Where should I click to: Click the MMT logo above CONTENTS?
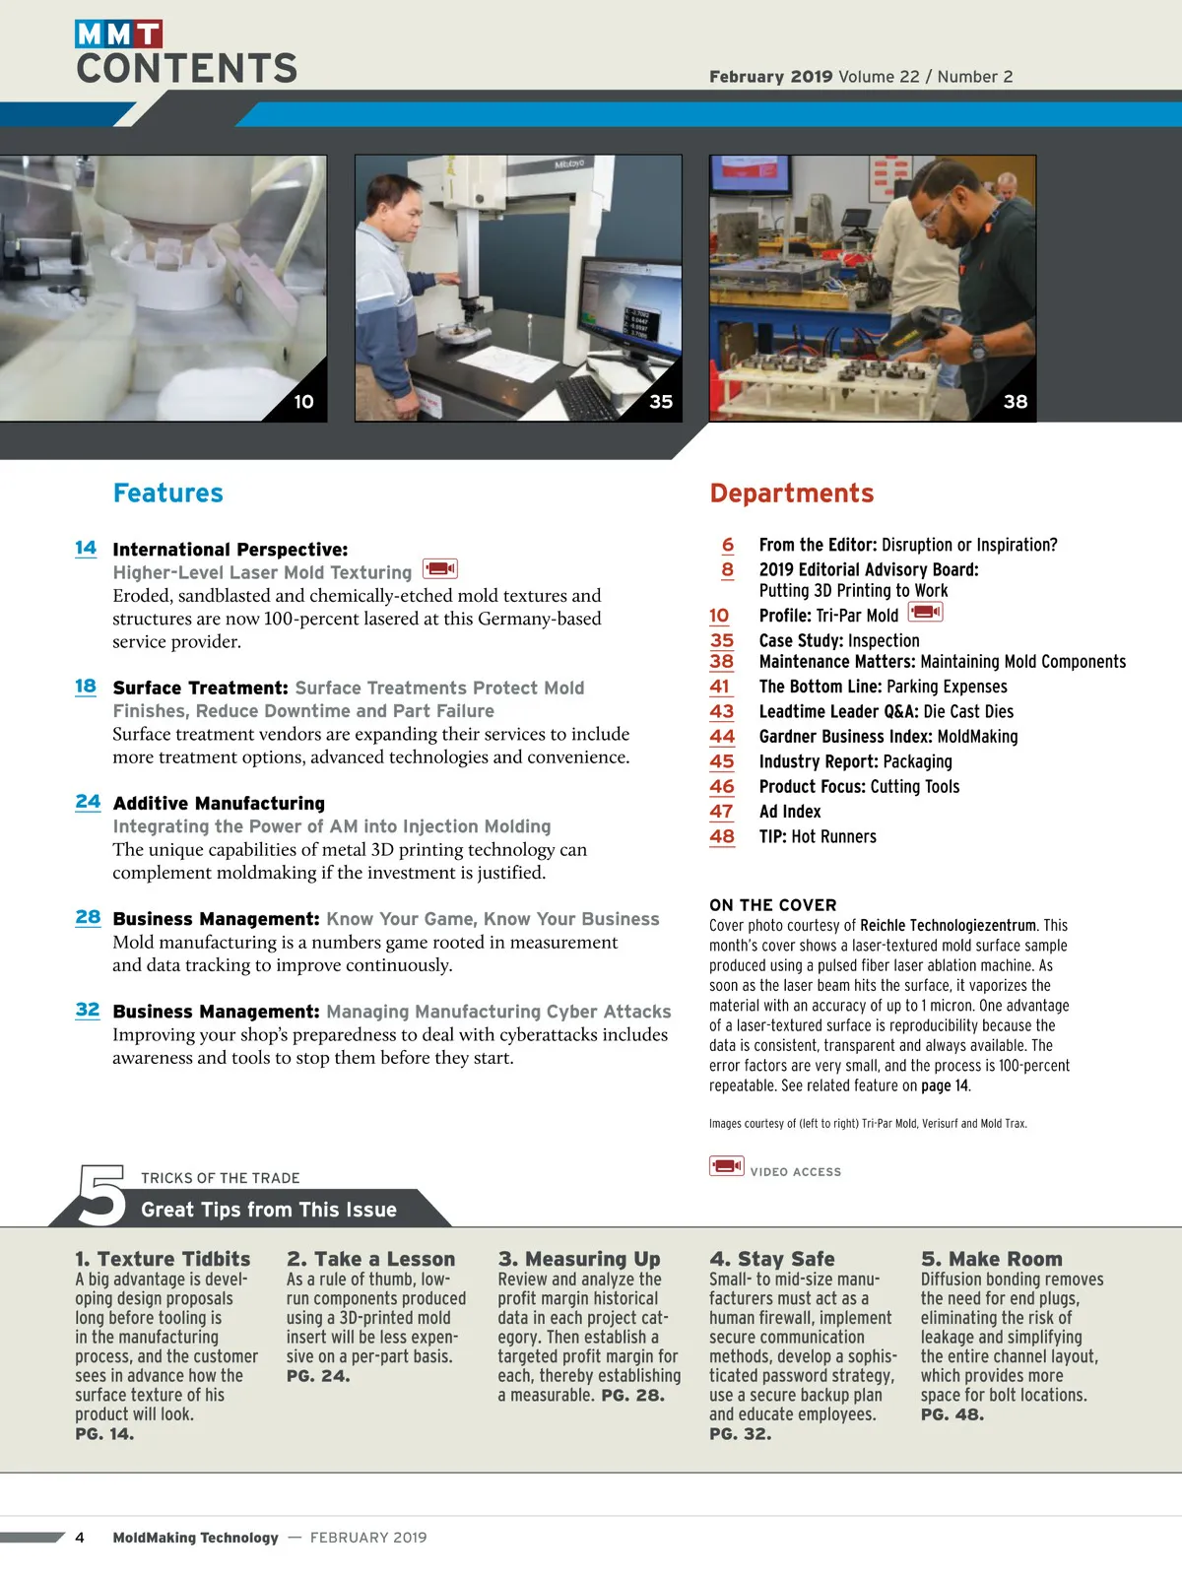(x=118, y=33)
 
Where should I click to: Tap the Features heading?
(x=167, y=492)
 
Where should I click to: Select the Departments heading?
(x=792, y=492)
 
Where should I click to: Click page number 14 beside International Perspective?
(x=86, y=548)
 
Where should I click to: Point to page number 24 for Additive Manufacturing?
(x=88, y=801)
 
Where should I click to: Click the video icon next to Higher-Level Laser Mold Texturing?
(x=440, y=568)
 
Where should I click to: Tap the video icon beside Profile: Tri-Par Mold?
(x=925, y=612)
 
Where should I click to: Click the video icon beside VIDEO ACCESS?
(x=726, y=1165)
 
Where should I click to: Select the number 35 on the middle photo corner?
(x=661, y=401)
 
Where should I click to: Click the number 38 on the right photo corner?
(x=1015, y=401)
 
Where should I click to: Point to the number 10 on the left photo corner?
(x=303, y=401)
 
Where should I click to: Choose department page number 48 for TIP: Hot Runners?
(x=722, y=836)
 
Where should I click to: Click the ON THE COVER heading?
(x=773, y=904)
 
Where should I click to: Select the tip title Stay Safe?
(x=772, y=1259)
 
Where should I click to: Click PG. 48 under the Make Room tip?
(x=952, y=1414)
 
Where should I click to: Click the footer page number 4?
(x=80, y=1538)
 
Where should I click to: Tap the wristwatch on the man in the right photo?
(x=977, y=348)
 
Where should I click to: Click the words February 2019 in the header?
(x=771, y=76)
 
